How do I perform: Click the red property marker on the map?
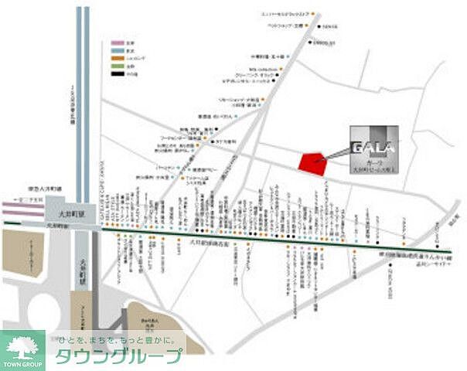tap(312, 162)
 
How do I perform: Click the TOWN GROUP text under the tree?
tap(22, 363)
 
